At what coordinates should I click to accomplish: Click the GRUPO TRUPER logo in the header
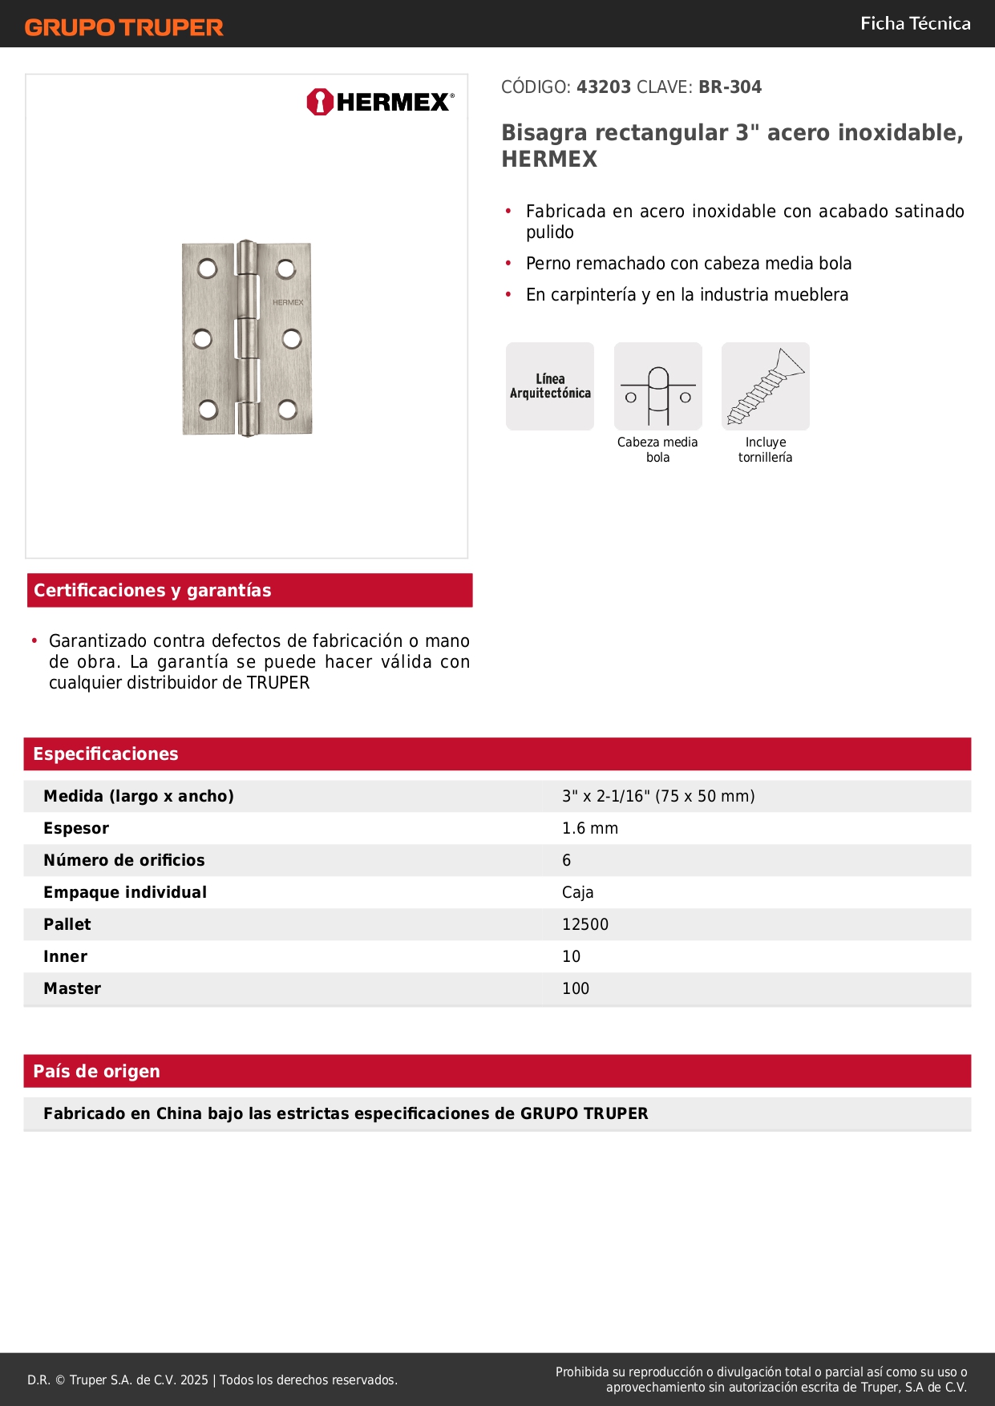124,27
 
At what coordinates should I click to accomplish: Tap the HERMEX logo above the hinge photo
380,102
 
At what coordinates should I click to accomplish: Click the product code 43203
604,87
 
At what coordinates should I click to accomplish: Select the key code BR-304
730,87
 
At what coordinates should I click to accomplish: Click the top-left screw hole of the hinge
208,268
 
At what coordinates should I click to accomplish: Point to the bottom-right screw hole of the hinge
288,410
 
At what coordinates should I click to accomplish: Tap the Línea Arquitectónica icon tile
550,386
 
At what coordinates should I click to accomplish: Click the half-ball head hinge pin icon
658,386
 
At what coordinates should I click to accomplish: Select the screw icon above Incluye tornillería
766,386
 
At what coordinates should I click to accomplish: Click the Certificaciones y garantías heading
152,591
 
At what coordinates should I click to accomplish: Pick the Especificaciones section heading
106,754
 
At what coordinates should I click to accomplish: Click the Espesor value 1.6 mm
590,828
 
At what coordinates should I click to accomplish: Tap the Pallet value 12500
585,924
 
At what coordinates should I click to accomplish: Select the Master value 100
576,988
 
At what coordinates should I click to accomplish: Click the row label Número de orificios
124,860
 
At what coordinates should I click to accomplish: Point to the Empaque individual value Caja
578,892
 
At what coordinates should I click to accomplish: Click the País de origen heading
97,1072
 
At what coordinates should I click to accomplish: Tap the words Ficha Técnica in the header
916,23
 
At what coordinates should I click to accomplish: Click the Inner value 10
572,956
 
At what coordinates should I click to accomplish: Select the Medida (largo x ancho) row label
139,796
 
